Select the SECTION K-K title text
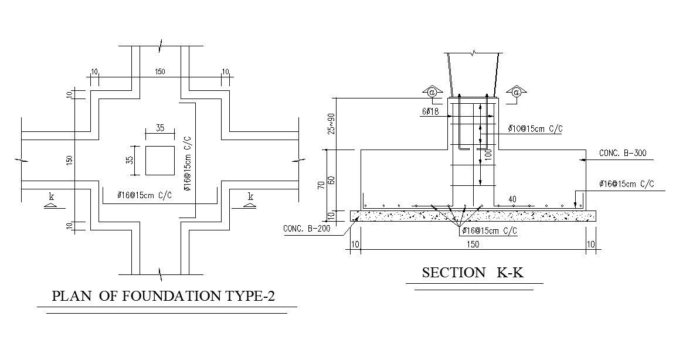[473, 273]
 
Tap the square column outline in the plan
[159, 160]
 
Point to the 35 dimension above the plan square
[159, 128]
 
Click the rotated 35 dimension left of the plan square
[131, 159]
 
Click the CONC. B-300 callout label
[622, 154]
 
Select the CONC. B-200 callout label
[306, 229]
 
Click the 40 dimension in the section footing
[512, 199]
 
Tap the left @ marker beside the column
[432, 92]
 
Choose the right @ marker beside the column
[517, 92]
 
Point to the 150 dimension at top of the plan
[159, 72]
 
